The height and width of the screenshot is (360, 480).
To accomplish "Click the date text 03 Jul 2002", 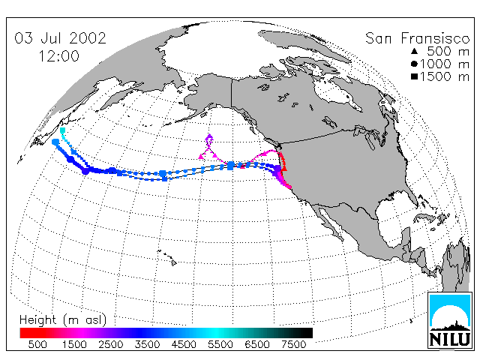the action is point(60,38).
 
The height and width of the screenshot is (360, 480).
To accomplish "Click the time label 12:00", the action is point(59,56).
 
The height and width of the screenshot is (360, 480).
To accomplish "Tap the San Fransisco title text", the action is point(417,38).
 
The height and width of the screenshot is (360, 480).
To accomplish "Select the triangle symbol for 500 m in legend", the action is point(414,51).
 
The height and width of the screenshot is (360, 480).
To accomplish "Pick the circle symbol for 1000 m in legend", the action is point(414,64).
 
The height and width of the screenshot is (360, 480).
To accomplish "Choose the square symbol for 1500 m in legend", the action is point(414,76).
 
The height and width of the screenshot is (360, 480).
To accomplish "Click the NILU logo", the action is point(449,320).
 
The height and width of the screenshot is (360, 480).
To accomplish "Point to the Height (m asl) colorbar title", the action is point(63,320).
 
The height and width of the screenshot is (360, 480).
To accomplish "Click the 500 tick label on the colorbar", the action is point(37,344).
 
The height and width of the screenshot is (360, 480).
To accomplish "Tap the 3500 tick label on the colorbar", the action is point(147,344).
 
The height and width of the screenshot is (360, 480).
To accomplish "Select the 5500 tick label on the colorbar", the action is point(220,344).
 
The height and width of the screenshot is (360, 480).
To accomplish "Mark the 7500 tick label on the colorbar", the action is point(293,344).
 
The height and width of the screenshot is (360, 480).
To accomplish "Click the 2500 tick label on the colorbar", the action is point(111,344).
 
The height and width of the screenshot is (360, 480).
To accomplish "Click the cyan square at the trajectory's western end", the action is point(62,130).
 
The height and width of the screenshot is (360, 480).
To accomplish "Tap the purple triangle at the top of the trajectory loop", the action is point(209,136).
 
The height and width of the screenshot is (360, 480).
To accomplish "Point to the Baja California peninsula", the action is point(330,223).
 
